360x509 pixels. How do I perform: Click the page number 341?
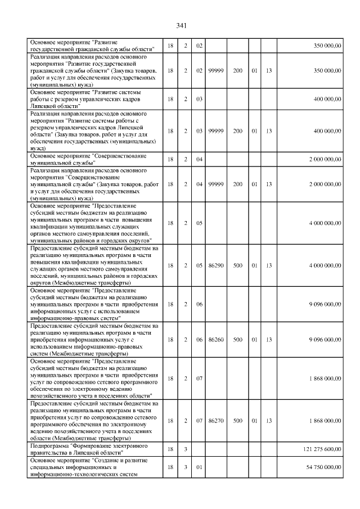[x=181, y=26]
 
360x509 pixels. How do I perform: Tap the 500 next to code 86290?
[x=238, y=265]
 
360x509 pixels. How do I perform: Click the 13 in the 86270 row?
[x=269, y=421]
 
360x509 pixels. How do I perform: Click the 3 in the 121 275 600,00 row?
[x=185, y=448]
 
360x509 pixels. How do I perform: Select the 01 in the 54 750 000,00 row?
[x=199, y=467]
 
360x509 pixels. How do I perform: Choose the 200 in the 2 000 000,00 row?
[x=238, y=184]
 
